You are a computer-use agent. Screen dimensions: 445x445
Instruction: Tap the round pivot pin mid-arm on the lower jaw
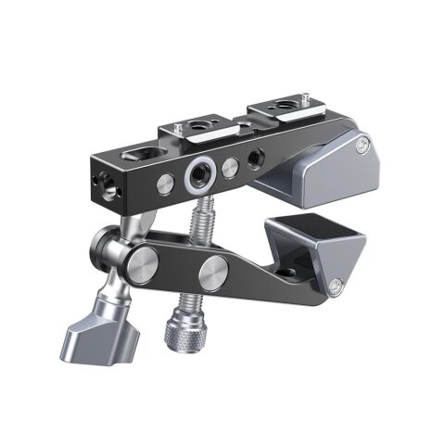coord(210,273)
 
